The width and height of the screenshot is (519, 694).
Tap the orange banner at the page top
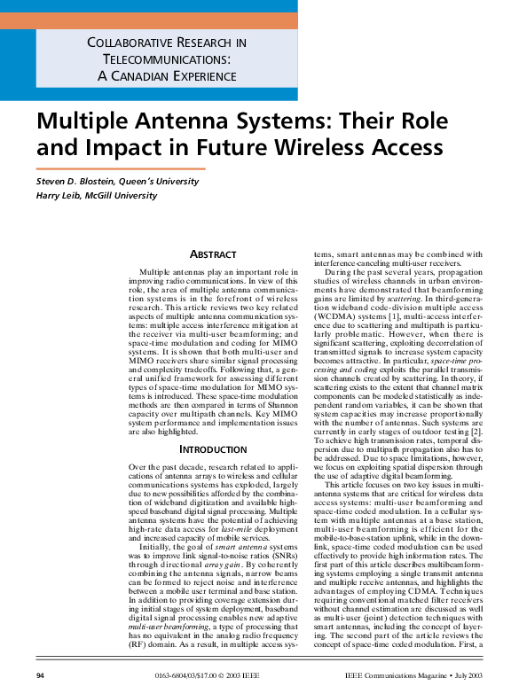259,20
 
